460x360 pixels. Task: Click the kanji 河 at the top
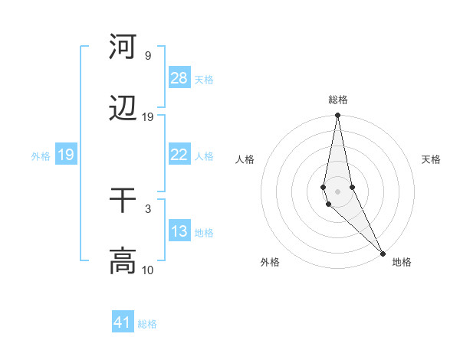click(x=123, y=47)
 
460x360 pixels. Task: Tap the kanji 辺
click(x=123, y=110)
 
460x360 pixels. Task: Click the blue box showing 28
click(x=179, y=78)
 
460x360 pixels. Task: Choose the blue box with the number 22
click(x=179, y=155)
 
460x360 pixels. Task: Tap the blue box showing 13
click(x=179, y=231)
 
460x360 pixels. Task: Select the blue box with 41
click(x=123, y=322)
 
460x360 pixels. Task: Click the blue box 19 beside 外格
click(x=66, y=155)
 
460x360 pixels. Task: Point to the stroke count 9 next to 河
click(x=148, y=56)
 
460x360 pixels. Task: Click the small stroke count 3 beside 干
click(x=148, y=208)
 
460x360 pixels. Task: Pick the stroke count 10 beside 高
click(x=148, y=270)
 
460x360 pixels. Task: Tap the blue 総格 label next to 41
click(x=147, y=324)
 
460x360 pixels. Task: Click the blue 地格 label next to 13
click(x=204, y=233)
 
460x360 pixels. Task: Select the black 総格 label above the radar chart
click(x=338, y=100)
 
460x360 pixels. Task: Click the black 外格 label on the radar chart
click(x=270, y=262)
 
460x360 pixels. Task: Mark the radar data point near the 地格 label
click(x=383, y=253)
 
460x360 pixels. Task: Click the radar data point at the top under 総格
click(x=338, y=116)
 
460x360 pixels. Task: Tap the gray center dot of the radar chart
click(x=338, y=191)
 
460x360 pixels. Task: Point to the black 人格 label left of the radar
click(x=245, y=159)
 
